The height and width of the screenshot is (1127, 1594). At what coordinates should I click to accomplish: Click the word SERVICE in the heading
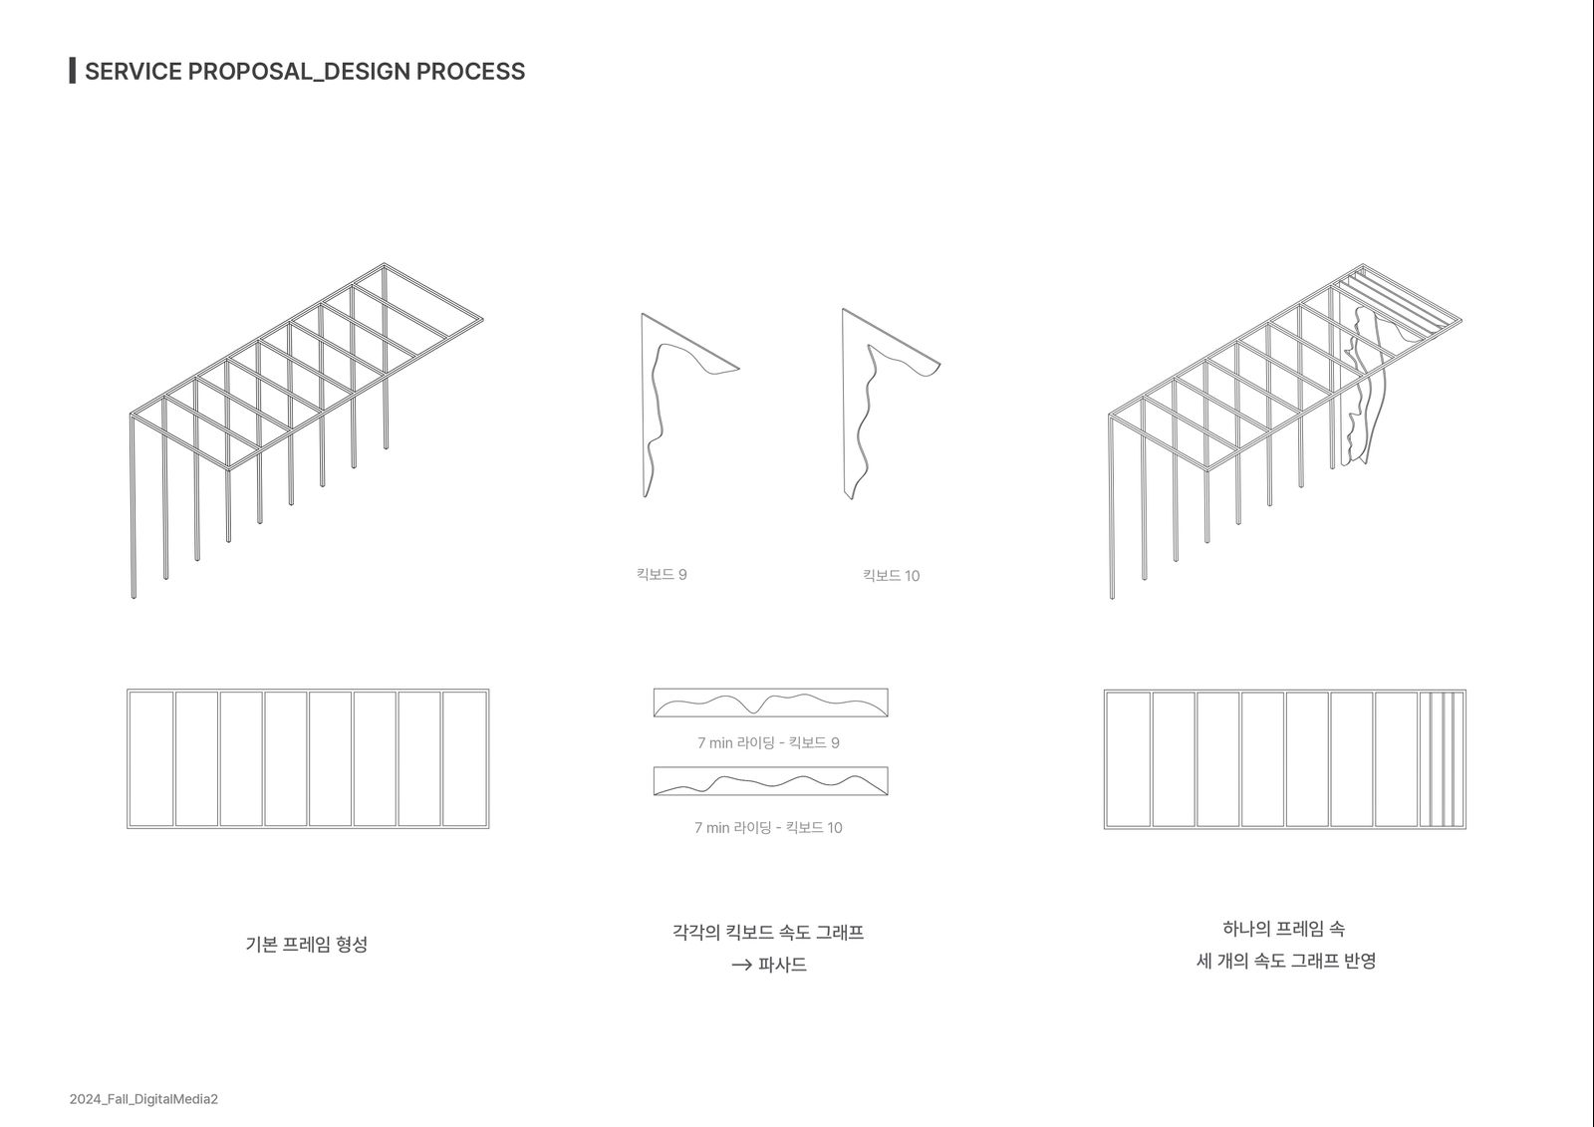coord(133,71)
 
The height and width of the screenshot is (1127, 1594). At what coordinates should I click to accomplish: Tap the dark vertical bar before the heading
coord(73,71)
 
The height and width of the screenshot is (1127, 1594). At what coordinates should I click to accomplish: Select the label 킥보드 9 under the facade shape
coord(662,575)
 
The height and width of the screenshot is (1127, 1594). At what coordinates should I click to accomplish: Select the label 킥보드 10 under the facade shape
coord(891,575)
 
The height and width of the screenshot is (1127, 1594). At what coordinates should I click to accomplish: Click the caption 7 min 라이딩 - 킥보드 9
coord(768,742)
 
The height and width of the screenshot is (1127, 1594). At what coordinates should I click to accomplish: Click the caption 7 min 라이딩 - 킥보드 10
coord(768,827)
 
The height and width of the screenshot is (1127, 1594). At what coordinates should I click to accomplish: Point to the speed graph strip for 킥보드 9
coord(771,703)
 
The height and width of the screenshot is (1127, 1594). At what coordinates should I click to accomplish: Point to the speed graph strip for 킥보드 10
coord(771,781)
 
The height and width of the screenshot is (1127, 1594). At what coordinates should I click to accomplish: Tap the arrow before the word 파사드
coord(741,966)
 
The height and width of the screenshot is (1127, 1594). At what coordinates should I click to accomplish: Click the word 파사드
coord(782,965)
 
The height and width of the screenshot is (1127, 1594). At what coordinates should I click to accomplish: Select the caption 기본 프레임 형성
coord(307,944)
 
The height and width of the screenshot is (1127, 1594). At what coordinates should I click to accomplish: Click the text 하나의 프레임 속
coord(1284,929)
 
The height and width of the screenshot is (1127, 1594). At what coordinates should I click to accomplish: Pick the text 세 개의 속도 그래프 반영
coord(1286,961)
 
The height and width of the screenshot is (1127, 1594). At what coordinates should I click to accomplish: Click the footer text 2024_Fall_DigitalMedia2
coord(143,1098)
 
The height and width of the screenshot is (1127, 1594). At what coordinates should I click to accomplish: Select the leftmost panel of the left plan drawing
coord(151,759)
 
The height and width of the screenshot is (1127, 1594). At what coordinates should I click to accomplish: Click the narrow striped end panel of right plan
coord(1442,759)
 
